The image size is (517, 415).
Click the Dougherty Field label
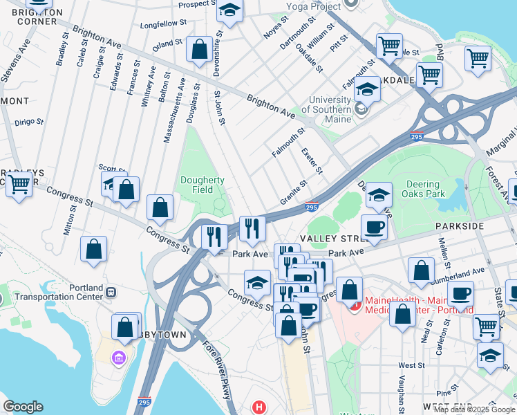(x=202, y=185)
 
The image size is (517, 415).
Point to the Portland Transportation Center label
(x=54, y=293)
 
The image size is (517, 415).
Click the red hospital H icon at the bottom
(x=259, y=407)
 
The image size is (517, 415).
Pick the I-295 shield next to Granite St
(x=312, y=205)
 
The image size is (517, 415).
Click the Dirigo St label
(x=29, y=122)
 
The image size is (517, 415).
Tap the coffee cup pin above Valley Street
(x=374, y=227)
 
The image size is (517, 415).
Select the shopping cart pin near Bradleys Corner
(x=19, y=184)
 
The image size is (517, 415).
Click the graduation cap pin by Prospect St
(x=229, y=10)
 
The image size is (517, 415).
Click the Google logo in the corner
(x=23, y=406)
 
